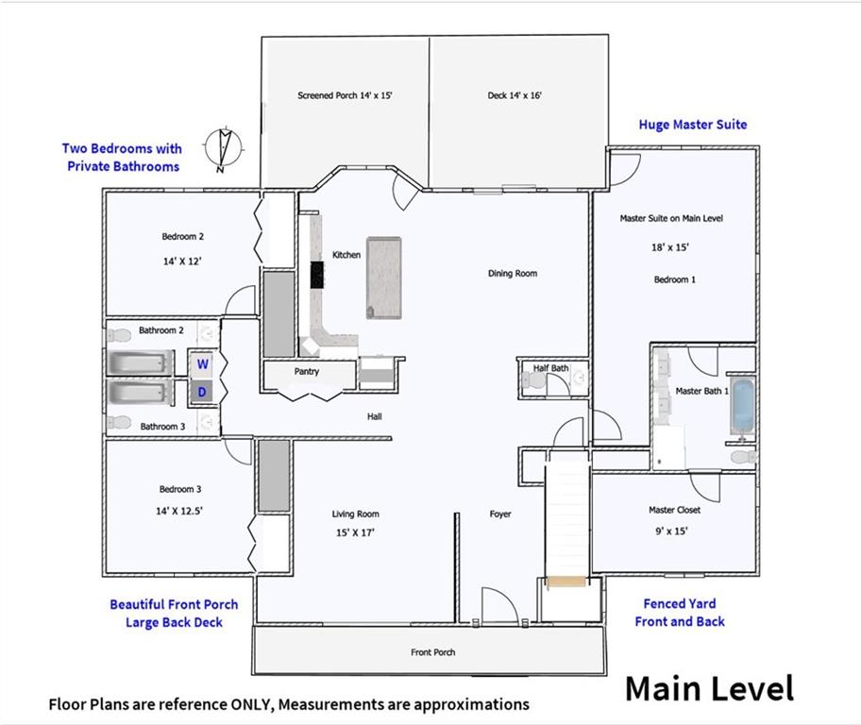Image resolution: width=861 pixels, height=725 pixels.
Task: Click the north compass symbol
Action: click(x=224, y=148)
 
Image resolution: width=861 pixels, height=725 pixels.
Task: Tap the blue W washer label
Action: click(x=203, y=363)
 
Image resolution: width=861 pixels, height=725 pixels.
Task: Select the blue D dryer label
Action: click(x=202, y=392)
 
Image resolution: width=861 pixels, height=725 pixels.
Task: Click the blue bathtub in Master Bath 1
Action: click(x=742, y=407)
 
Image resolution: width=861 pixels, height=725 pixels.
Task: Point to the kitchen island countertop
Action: click(x=384, y=278)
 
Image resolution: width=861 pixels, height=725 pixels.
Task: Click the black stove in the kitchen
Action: click(x=317, y=275)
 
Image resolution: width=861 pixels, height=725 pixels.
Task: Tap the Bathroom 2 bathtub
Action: click(x=139, y=362)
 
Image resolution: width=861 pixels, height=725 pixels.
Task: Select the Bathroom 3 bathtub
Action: click(x=139, y=392)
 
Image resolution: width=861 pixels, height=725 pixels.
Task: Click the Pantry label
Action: click(x=307, y=371)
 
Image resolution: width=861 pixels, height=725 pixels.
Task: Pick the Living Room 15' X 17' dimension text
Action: click(x=355, y=532)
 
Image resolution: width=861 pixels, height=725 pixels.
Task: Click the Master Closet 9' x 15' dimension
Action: click(x=671, y=531)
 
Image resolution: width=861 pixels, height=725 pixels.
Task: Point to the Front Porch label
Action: click(x=432, y=652)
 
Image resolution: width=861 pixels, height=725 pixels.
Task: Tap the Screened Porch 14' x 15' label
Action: click(x=345, y=95)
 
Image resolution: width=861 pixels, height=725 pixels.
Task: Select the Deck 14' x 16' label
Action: click(x=515, y=95)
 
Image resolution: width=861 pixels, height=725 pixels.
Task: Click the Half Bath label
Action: click(x=550, y=368)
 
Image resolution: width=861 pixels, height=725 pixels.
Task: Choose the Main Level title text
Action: click(x=709, y=689)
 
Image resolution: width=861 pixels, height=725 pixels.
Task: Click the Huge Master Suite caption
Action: click(x=693, y=125)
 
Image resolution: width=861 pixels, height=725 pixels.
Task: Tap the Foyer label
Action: click(x=500, y=514)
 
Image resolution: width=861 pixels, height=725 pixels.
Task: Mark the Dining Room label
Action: click(x=513, y=273)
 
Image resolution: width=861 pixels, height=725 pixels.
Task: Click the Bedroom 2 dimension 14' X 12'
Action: click(x=182, y=261)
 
